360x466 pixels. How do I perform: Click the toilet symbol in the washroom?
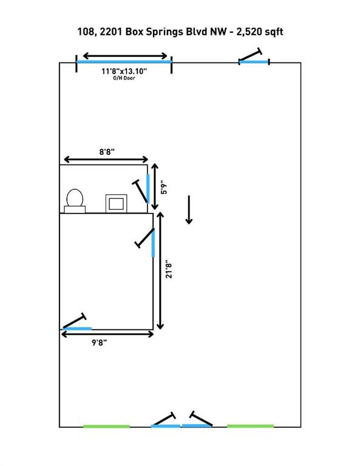click(x=75, y=201)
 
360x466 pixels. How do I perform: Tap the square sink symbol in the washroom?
click(x=116, y=204)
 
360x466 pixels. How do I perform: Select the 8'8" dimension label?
click(x=107, y=152)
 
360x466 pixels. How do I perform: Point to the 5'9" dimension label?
click(x=164, y=187)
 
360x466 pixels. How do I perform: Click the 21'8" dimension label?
click(x=169, y=271)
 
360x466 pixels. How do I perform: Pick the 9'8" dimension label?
click(x=100, y=343)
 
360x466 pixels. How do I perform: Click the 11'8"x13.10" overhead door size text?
click(x=124, y=72)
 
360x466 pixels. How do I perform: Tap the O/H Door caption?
click(x=124, y=78)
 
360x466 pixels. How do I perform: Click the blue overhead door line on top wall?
click(x=124, y=61)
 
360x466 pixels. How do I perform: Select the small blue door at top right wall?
click(x=254, y=62)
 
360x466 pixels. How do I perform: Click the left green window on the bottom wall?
click(x=106, y=427)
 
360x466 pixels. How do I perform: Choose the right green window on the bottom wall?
click(x=250, y=426)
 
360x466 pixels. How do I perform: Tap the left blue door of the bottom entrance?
click(x=166, y=426)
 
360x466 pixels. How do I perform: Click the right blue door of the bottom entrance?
click(x=197, y=426)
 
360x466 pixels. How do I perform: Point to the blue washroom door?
click(x=148, y=189)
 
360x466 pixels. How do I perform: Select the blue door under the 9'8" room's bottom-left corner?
click(x=77, y=328)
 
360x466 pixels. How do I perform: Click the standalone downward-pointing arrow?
click(x=189, y=209)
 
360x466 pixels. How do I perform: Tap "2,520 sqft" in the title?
click(x=259, y=32)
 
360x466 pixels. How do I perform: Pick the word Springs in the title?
click(x=165, y=32)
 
